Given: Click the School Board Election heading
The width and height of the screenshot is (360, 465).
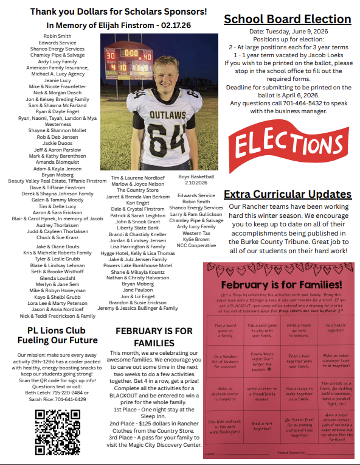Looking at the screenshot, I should click(x=287, y=19).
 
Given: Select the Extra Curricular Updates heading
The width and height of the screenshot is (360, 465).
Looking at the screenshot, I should click(x=288, y=194).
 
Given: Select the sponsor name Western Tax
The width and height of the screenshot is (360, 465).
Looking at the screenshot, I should click(x=196, y=233).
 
